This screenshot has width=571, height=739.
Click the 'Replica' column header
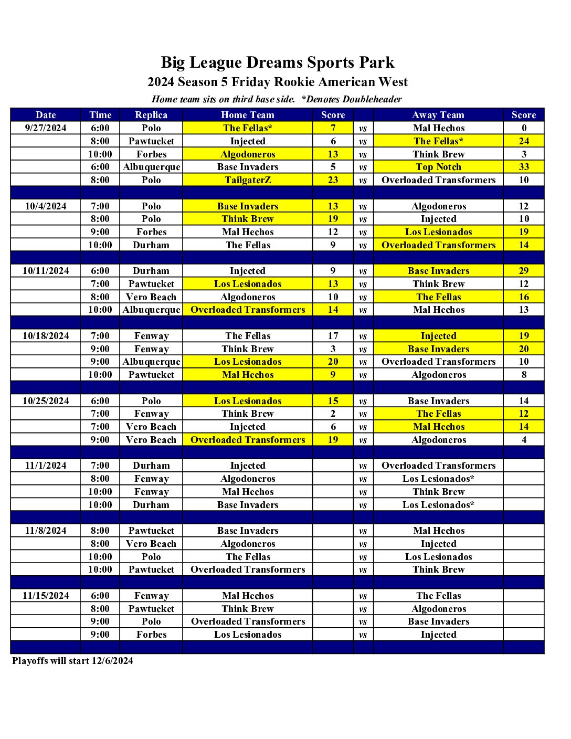click(151, 115)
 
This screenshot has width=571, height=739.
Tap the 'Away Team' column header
click(438, 115)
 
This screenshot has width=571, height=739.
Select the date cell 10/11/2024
click(46, 271)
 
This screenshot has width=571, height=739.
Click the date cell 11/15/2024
click(46, 596)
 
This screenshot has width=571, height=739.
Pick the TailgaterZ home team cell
click(248, 180)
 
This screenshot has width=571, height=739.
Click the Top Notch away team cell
click(438, 167)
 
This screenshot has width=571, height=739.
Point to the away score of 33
click(524, 167)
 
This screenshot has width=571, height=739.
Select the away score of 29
click(524, 271)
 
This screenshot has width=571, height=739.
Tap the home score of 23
click(333, 180)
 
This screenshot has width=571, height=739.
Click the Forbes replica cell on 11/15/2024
click(151, 635)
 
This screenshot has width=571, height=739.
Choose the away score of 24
click(524, 141)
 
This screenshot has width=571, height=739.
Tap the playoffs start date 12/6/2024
click(112, 661)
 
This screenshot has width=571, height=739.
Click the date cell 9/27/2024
click(46, 128)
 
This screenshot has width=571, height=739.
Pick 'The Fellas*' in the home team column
click(248, 128)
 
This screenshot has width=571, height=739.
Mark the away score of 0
click(524, 128)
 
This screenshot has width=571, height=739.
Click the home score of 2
click(333, 414)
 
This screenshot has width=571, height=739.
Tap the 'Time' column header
click(100, 115)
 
